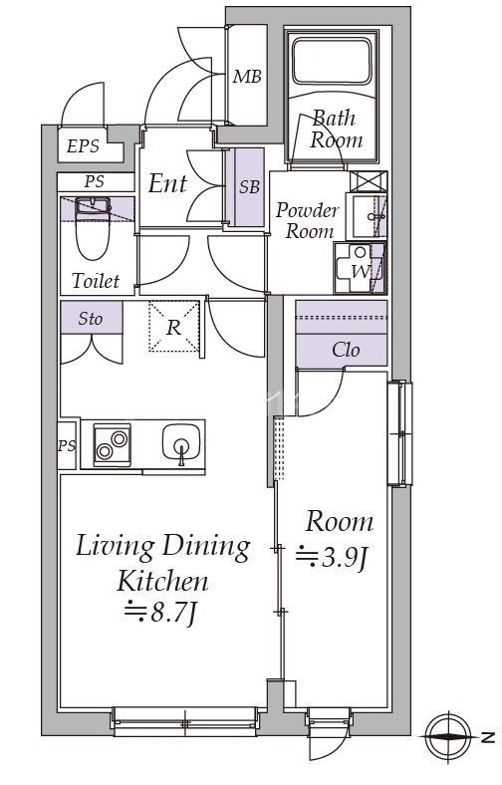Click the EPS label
point(83,146)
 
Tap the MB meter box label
point(247,77)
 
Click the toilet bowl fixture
point(94,228)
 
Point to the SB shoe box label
point(249,186)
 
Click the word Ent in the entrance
point(167,183)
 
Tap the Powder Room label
point(307,220)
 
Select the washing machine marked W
point(360,268)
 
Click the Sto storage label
point(91,319)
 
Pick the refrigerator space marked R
point(173,327)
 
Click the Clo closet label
point(346,350)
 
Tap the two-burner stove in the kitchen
point(113,445)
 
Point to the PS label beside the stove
point(67,445)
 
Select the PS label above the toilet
point(94,181)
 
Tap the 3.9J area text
point(334,558)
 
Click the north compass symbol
point(449,736)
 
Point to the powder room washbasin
point(366,216)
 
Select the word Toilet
point(96,280)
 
